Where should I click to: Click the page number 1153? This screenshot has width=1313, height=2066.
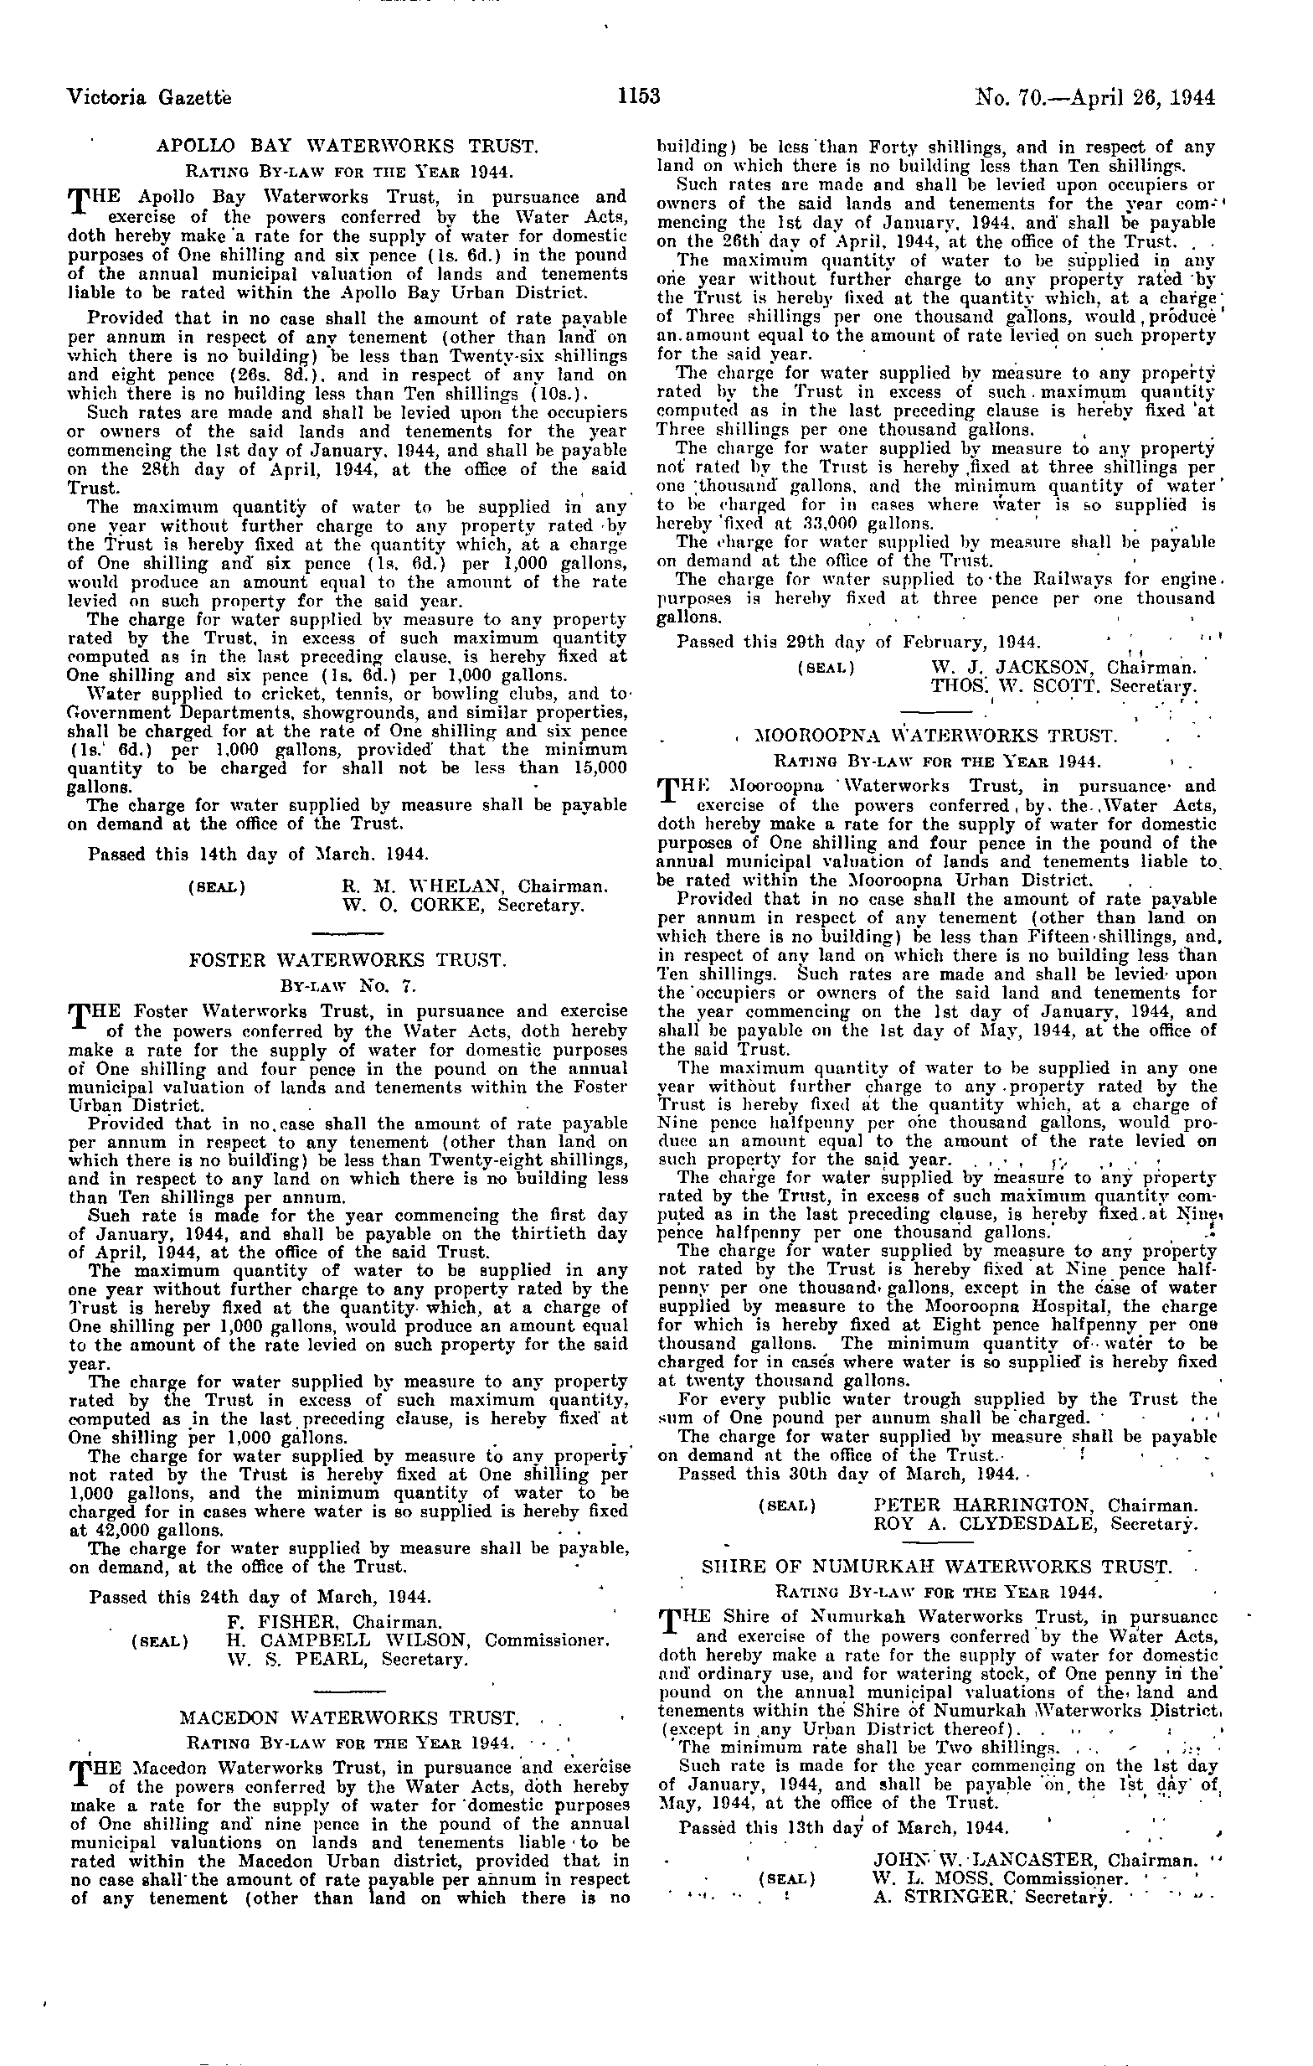pos(639,96)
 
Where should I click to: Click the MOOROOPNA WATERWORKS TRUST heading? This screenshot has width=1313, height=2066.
pos(935,736)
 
